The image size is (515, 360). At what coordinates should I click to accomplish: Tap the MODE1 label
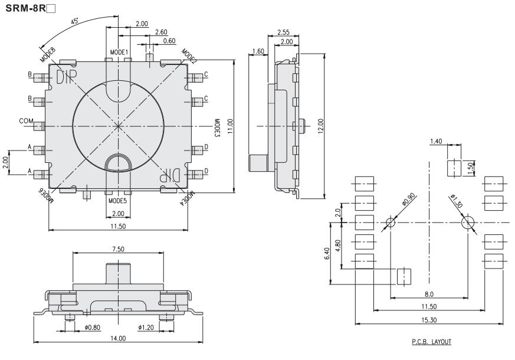coord(119,53)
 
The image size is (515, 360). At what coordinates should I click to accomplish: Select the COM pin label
coord(26,121)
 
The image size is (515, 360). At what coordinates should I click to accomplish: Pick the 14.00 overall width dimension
coord(119,338)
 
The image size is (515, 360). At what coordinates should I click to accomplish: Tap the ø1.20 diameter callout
coord(146,327)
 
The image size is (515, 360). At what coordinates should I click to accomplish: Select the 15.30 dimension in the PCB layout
coord(429,319)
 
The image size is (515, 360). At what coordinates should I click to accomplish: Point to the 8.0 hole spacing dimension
coord(429,293)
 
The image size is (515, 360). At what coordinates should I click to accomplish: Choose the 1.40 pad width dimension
coord(437,141)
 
